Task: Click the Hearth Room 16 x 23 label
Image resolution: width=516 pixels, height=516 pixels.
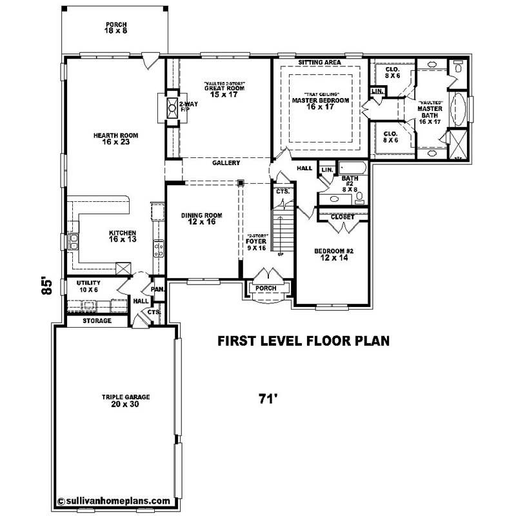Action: coord(116,139)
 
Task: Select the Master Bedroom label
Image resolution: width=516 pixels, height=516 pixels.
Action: coord(321,104)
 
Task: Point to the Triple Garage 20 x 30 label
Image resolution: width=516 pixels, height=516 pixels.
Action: coord(116,401)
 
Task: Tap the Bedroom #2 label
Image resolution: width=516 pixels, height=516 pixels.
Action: coord(335,254)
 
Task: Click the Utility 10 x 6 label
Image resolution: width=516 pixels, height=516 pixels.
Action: coord(88,286)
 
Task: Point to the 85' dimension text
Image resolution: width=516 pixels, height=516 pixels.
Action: coord(45,286)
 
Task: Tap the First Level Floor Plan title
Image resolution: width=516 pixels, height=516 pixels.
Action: coord(303,341)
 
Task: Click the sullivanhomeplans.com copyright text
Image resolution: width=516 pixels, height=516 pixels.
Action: coord(114,501)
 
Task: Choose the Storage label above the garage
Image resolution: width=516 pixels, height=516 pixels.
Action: coord(97,321)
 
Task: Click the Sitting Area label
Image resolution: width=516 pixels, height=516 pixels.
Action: coord(319,63)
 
